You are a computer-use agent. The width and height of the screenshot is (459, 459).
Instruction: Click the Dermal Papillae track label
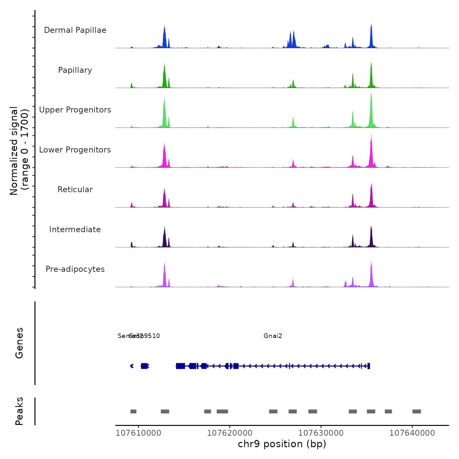pyautogui.click(x=75, y=30)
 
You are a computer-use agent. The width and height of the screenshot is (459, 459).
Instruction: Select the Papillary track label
pyautogui.click(x=75, y=70)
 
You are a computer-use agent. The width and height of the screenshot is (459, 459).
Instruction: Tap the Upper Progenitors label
pyautogui.click(x=75, y=110)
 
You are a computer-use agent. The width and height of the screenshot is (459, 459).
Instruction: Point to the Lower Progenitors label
pyautogui.click(x=75, y=150)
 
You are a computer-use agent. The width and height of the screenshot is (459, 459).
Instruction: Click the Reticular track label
pyautogui.click(x=75, y=190)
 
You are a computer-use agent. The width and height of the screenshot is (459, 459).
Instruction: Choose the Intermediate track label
pyautogui.click(x=75, y=229)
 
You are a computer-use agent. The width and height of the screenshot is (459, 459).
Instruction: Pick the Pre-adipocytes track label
pyautogui.click(x=75, y=269)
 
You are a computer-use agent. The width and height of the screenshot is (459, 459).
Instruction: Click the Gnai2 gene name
pyautogui.click(x=273, y=336)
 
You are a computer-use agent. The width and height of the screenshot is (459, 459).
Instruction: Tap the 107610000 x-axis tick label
pyautogui.click(x=139, y=433)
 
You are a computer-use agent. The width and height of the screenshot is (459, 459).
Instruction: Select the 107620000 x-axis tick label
pyautogui.click(x=230, y=433)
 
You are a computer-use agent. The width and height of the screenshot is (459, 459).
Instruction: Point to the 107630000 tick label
pyautogui.click(x=321, y=433)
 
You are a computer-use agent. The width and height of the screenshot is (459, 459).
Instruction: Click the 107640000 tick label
pyautogui.click(x=412, y=433)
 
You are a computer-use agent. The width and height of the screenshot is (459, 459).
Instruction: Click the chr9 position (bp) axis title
pyautogui.click(x=282, y=444)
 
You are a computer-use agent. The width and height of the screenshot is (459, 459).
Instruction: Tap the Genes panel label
pyautogui.click(x=19, y=343)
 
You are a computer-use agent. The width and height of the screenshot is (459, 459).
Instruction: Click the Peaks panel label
pyautogui.click(x=19, y=411)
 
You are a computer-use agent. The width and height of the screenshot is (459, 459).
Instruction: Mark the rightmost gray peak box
pyautogui.click(x=417, y=411)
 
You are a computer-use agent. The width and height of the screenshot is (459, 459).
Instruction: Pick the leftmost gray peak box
pyautogui.click(x=133, y=411)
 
